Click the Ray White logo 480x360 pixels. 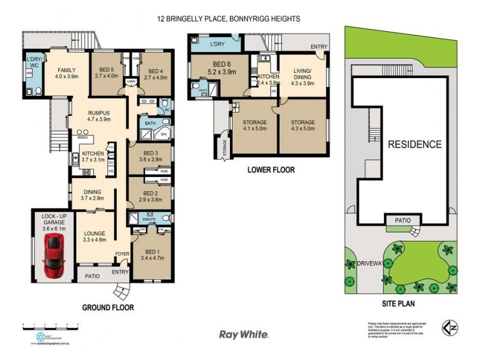tap(243, 335)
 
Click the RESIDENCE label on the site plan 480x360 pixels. tap(414, 145)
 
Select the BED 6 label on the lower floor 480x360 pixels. tap(212, 67)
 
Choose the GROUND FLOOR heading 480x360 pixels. tap(108, 307)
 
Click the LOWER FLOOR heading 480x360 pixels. tap(271, 170)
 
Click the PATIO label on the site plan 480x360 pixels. tap(403, 220)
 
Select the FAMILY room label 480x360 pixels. tap(67, 73)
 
